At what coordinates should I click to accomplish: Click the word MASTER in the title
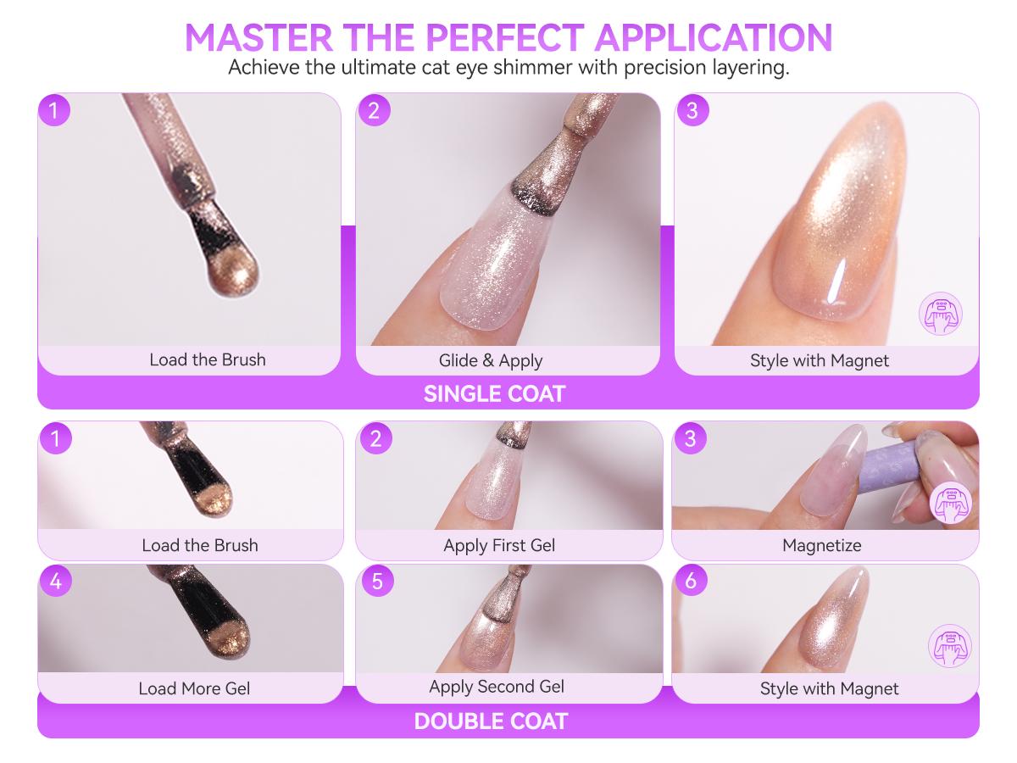coord(259,37)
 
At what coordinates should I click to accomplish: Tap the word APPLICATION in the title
coord(714,37)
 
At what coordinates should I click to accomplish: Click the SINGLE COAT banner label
coord(494,393)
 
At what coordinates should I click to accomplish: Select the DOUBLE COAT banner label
coord(491,721)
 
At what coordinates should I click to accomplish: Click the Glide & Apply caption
coord(490,360)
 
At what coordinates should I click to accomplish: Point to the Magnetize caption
coord(821,545)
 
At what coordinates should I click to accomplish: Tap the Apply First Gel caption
coord(499,545)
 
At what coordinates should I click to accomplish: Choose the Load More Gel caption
coord(194,688)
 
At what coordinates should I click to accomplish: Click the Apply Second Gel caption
coord(497,687)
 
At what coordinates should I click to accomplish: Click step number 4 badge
coord(56,581)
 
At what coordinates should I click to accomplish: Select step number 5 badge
coord(377,581)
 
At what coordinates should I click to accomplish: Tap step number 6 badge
coord(691,580)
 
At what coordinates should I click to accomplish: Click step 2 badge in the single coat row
coord(374,110)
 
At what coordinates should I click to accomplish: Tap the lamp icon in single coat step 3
coord(941,314)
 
